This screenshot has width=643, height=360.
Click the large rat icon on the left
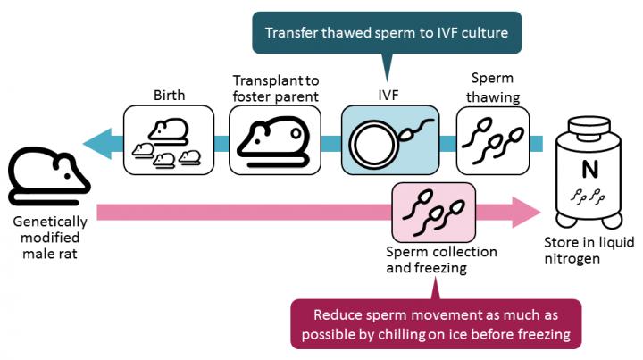[46, 174]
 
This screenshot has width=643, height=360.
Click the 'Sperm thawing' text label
[492, 87]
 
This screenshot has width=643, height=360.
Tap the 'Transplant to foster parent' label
[275, 87]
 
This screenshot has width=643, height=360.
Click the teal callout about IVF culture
[386, 33]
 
